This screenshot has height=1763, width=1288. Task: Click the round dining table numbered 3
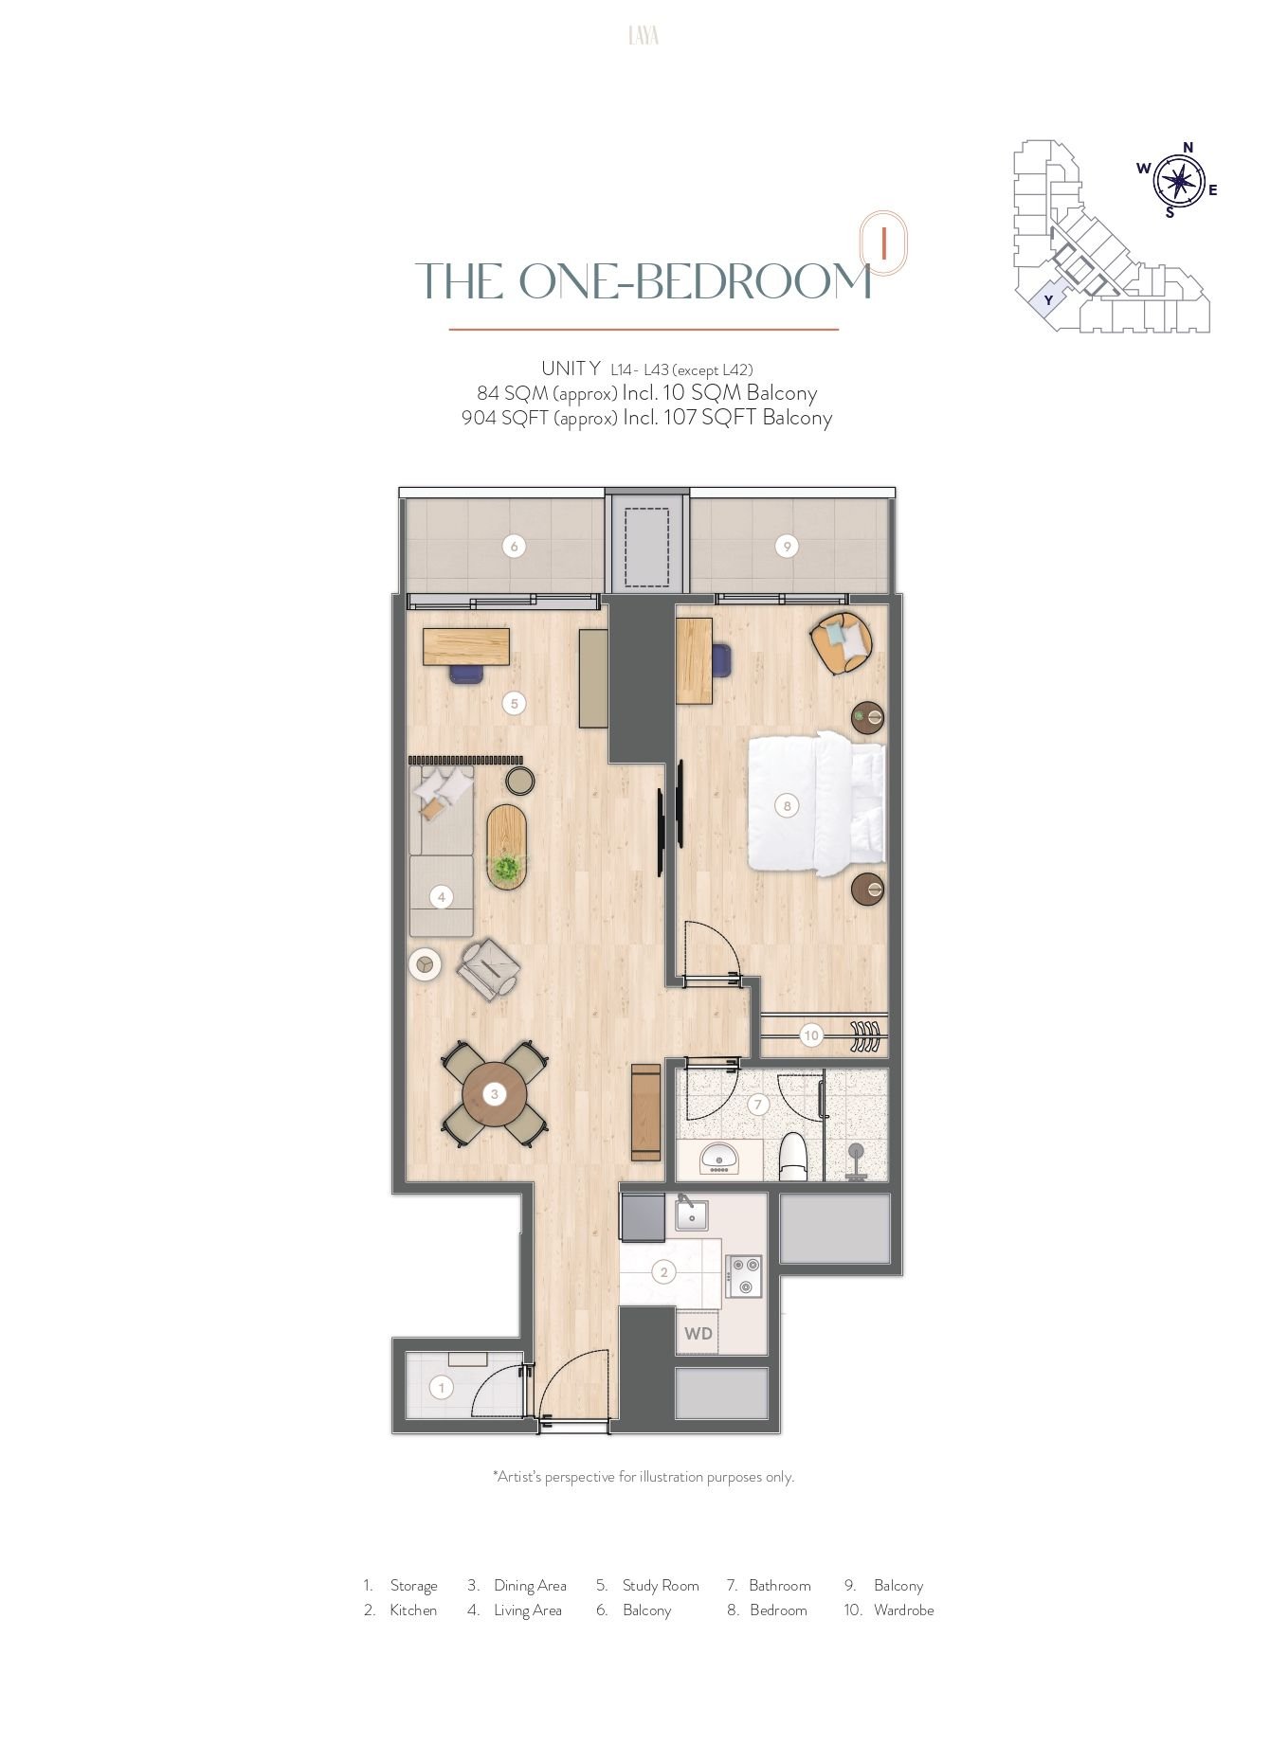tap(495, 1094)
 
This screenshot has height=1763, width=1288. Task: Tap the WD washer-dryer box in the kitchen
tap(698, 1334)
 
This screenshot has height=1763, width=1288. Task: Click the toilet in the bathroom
tap(792, 1157)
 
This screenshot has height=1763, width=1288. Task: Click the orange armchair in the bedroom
tap(841, 642)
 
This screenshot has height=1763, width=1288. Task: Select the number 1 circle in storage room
tap(441, 1388)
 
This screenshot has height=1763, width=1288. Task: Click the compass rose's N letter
tap(1188, 147)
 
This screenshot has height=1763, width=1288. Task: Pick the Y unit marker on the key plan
tap(1047, 300)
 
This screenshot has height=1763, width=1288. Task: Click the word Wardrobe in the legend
tap(903, 1610)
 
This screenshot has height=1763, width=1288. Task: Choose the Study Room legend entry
tap(647, 1585)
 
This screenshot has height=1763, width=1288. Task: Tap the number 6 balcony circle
tap(514, 547)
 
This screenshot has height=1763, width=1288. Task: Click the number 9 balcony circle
tap(787, 547)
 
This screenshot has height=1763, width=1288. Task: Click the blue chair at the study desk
tap(466, 672)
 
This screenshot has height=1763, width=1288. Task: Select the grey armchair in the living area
tap(489, 968)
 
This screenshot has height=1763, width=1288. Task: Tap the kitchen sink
tap(692, 1214)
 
